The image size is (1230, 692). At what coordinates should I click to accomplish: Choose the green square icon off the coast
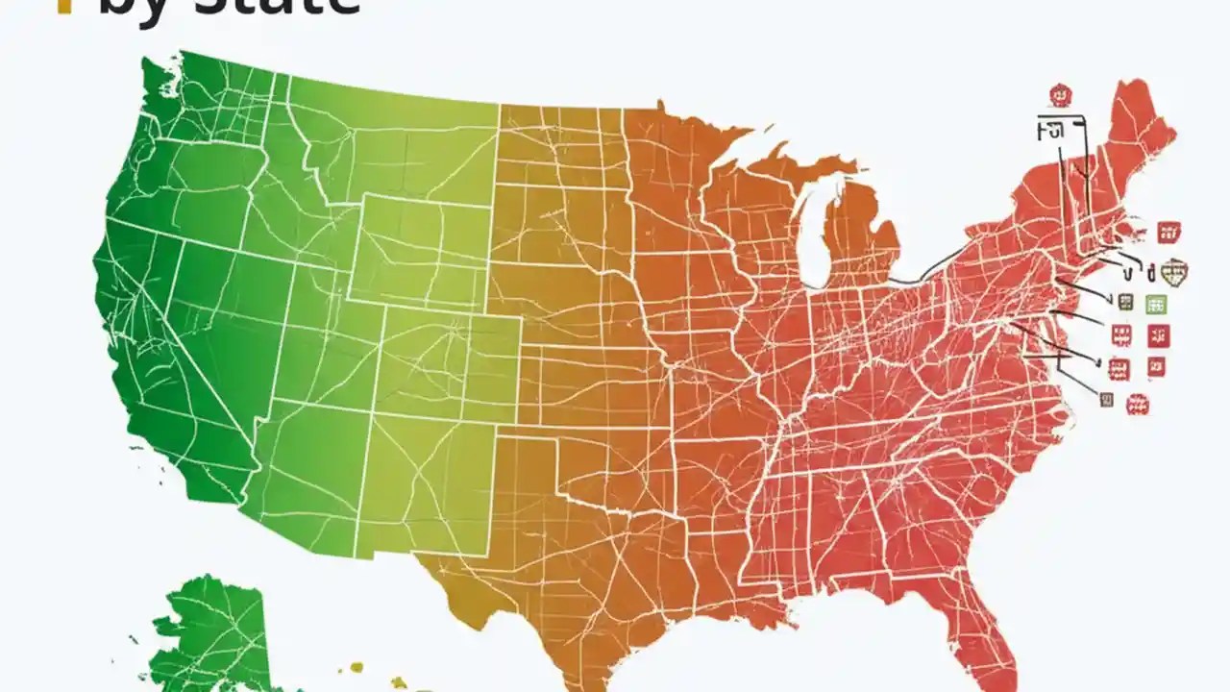pyautogui.click(x=1156, y=304)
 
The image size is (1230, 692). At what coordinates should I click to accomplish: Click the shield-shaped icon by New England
pyautogui.click(x=1174, y=271)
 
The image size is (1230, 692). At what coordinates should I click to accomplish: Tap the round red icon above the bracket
pyautogui.click(x=1060, y=94)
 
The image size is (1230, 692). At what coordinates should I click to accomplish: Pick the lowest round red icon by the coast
pyautogui.click(x=1138, y=404)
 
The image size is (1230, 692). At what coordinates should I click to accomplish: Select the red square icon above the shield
pyautogui.click(x=1168, y=231)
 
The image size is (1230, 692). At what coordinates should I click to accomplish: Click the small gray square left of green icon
pyautogui.click(x=1126, y=302)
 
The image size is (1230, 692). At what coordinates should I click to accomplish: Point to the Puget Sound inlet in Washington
pyautogui.click(x=154, y=106)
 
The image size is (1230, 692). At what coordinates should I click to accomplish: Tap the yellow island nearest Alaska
pyautogui.click(x=357, y=666)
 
